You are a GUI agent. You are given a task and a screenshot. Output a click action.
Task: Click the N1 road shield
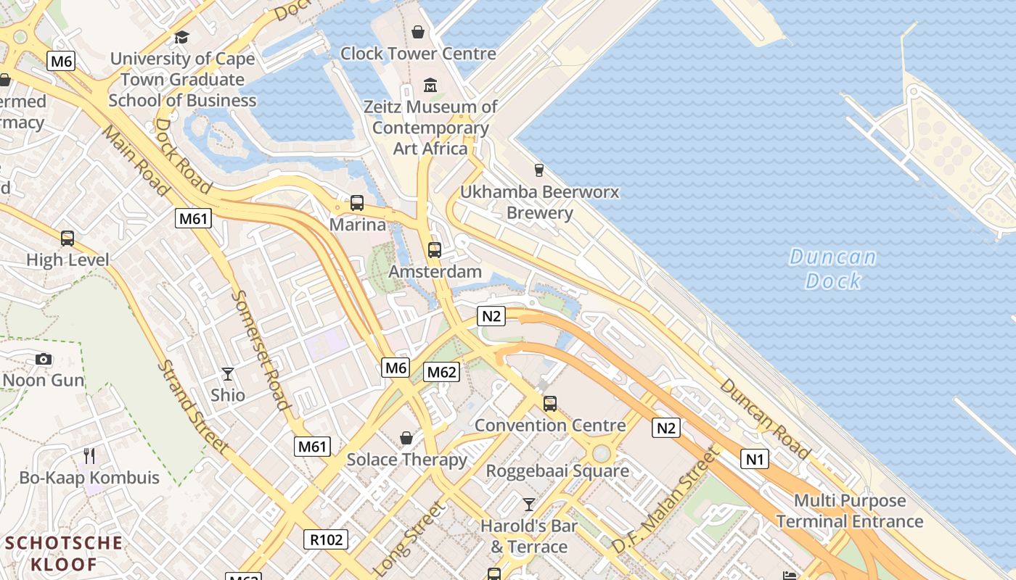pos(755,458)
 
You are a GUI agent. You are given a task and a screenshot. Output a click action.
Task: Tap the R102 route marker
pos(326,539)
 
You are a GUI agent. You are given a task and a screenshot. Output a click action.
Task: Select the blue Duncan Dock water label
pos(832,269)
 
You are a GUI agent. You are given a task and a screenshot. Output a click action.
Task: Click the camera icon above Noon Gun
pos(44,359)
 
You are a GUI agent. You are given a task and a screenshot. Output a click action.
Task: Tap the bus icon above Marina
pos(356,203)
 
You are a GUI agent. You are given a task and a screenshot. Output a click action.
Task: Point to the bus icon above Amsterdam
pos(434,250)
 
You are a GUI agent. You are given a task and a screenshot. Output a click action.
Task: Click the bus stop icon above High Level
pos(67,238)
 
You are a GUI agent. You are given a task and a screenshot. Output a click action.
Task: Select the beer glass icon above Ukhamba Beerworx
pos(538,170)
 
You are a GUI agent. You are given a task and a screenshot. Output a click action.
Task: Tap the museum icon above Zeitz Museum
pos(430,86)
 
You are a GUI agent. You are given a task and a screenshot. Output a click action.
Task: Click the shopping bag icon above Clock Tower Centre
pos(418,32)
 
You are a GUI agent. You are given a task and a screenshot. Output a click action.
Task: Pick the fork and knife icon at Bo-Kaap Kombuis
pos(89,456)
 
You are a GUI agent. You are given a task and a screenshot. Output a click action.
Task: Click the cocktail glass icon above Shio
pos(228,374)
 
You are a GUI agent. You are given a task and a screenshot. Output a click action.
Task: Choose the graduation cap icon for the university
pos(181,37)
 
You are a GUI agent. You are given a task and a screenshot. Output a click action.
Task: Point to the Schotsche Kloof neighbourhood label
pos(64,552)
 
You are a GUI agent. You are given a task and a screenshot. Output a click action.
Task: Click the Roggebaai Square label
pos(557,471)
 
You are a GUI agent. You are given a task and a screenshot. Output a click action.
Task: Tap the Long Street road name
pos(409,538)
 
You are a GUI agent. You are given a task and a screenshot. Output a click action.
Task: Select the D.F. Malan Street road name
pos(665,500)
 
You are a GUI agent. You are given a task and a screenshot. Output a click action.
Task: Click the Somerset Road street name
pos(262,350)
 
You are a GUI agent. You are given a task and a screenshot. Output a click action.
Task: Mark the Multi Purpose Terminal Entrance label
pos(849,510)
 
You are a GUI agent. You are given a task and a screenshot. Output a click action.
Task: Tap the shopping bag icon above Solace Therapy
pos(406,438)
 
